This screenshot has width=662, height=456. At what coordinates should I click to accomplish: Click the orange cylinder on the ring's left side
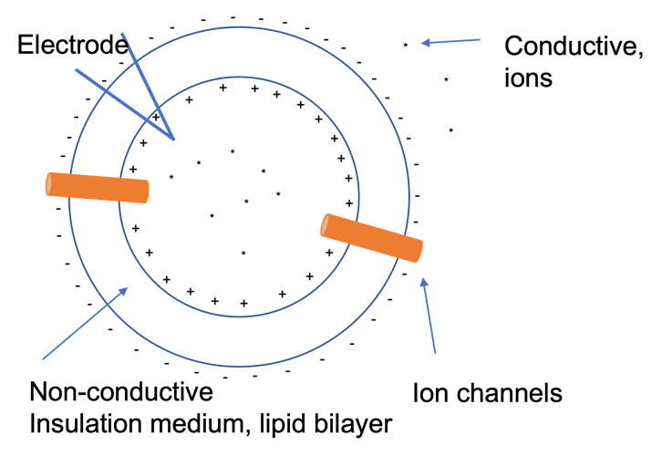pyautogui.click(x=98, y=187)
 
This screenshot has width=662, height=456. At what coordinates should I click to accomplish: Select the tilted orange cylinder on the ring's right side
pyautogui.click(x=372, y=238)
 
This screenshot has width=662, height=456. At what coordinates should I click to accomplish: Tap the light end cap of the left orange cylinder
pyautogui.click(x=49, y=183)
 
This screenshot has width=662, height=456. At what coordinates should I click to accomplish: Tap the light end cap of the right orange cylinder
pyautogui.click(x=325, y=224)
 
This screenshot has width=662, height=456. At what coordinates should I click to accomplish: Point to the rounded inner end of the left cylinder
pyautogui.click(x=146, y=192)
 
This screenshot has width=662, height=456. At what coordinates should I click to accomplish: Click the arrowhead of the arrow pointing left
pyautogui.click(x=423, y=43)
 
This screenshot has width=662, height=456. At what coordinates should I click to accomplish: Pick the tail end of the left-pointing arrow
pyautogui.click(x=481, y=39)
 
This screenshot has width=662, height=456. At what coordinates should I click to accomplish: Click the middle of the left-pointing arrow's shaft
pyautogui.click(x=452, y=41)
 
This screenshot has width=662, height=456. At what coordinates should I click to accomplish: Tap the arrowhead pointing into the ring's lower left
pyautogui.click(x=126, y=289)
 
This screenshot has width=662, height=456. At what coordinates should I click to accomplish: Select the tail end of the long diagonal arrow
pyautogui.click(x=43, y=359)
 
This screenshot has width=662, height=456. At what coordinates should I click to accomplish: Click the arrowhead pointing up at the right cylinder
pyautogui.click(x=422, y=281)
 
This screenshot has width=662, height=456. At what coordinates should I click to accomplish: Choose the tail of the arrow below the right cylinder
pyautogui.click(x=436, y=353)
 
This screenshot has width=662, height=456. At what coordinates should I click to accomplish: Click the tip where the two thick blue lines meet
pyautogui.click(x=173, y=140)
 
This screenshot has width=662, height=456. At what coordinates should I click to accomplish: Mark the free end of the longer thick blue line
pyautogui.click(x=76, y=68)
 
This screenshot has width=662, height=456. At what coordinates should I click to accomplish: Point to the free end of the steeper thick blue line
pyautogui.click(x=121, y=34)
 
